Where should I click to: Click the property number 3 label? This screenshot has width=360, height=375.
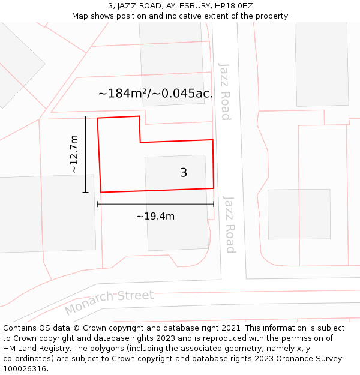184,173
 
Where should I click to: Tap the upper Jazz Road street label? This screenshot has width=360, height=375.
224,91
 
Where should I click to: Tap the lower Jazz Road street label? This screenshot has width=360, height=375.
229,224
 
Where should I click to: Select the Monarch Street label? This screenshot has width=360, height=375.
109,302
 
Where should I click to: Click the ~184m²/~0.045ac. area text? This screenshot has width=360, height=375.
155,94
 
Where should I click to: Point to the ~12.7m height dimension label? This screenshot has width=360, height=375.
74,154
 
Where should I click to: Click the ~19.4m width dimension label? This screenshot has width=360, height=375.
155,216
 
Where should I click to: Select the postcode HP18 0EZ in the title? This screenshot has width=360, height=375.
233,6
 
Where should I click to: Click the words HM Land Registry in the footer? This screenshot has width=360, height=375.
31,349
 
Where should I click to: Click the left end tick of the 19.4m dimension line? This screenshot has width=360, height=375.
97,204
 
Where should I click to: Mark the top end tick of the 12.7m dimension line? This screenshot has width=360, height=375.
86,116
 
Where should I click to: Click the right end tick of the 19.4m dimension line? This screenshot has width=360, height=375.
214,204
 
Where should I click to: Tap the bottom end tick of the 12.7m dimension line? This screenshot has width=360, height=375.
86,192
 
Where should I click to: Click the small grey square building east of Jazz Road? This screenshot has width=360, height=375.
299,214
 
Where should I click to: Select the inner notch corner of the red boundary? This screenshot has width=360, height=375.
140,142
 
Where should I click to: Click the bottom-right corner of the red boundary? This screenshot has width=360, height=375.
214,188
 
